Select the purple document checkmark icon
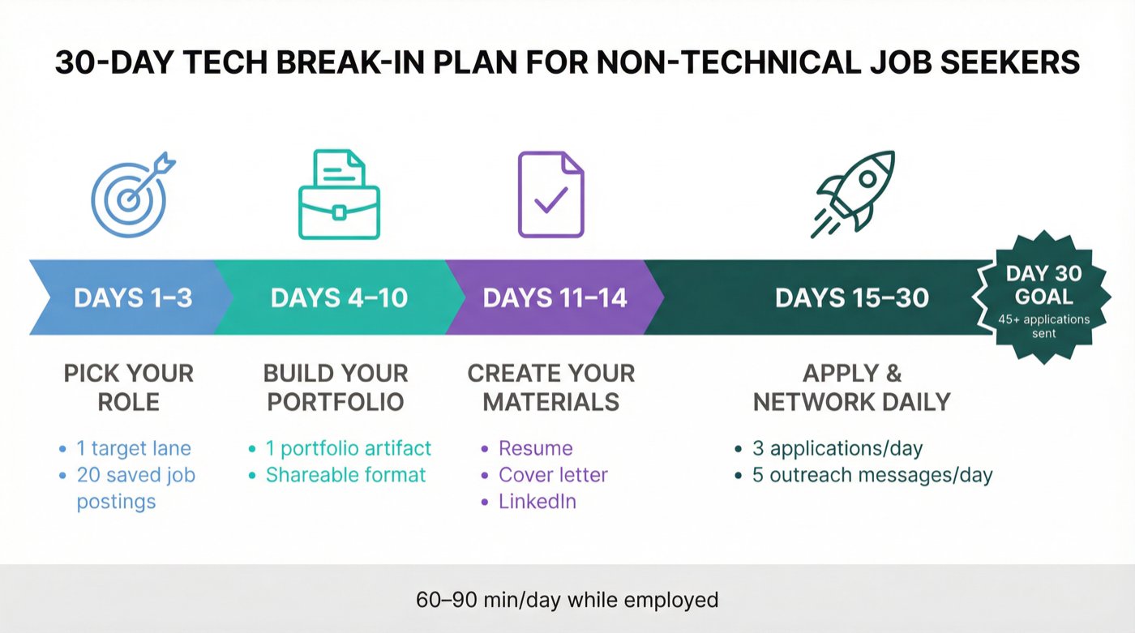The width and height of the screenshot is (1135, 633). tap(550, 195)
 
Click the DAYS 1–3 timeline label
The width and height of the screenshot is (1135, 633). tap(133, 297)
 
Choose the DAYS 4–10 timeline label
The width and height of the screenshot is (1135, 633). tap(339, 297)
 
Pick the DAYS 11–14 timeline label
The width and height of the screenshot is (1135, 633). tap(555, 297)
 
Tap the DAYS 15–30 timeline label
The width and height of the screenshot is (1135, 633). tap(851, 297)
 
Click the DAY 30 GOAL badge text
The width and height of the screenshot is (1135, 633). tap(1044, 284)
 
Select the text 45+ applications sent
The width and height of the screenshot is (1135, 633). tap(1044, 326)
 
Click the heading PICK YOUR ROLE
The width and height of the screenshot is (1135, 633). tap(129, 387)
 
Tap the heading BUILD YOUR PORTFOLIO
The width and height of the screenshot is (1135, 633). tap(336, 387)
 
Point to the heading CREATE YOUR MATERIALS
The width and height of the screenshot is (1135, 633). tap(551, 387)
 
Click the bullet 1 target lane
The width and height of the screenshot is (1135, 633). tap(134, 448)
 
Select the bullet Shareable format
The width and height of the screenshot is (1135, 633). tap(345, 474)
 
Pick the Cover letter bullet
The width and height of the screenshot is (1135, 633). tap(553, 474)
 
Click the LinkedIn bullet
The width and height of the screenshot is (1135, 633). tap(538, 501)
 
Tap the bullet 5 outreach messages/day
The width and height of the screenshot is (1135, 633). tap(872, 474)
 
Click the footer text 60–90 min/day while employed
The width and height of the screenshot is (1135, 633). tap(567, 600)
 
